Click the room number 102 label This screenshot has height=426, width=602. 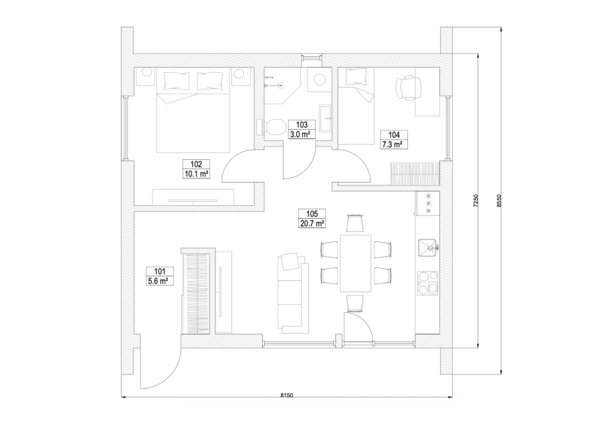pyautogui.click(x=196, y=164)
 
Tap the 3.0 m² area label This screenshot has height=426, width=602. pyautogui.click(x=301, y=134)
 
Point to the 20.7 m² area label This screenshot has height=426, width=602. pyautogui.click(x=312, y=223)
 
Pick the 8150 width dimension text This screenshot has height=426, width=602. pyautogui.click(x=285, y=396)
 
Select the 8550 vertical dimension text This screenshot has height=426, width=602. pyautogui.click(x=499, y=202)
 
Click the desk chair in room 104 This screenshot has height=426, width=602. pyautogui.click(x=409, y=86)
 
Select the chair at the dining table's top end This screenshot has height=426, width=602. pyautogui.click(x=355, y=223)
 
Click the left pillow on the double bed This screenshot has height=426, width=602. pyautogui.click(x=175, y=81)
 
